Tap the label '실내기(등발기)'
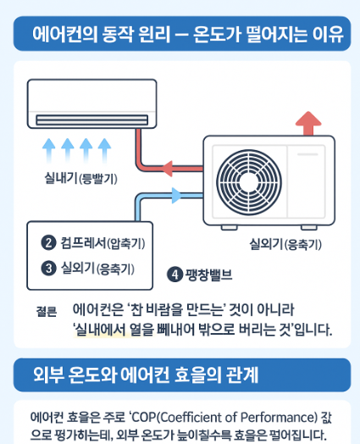coord(80,178)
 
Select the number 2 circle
coord(48,243)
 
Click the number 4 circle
coord(175,275)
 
